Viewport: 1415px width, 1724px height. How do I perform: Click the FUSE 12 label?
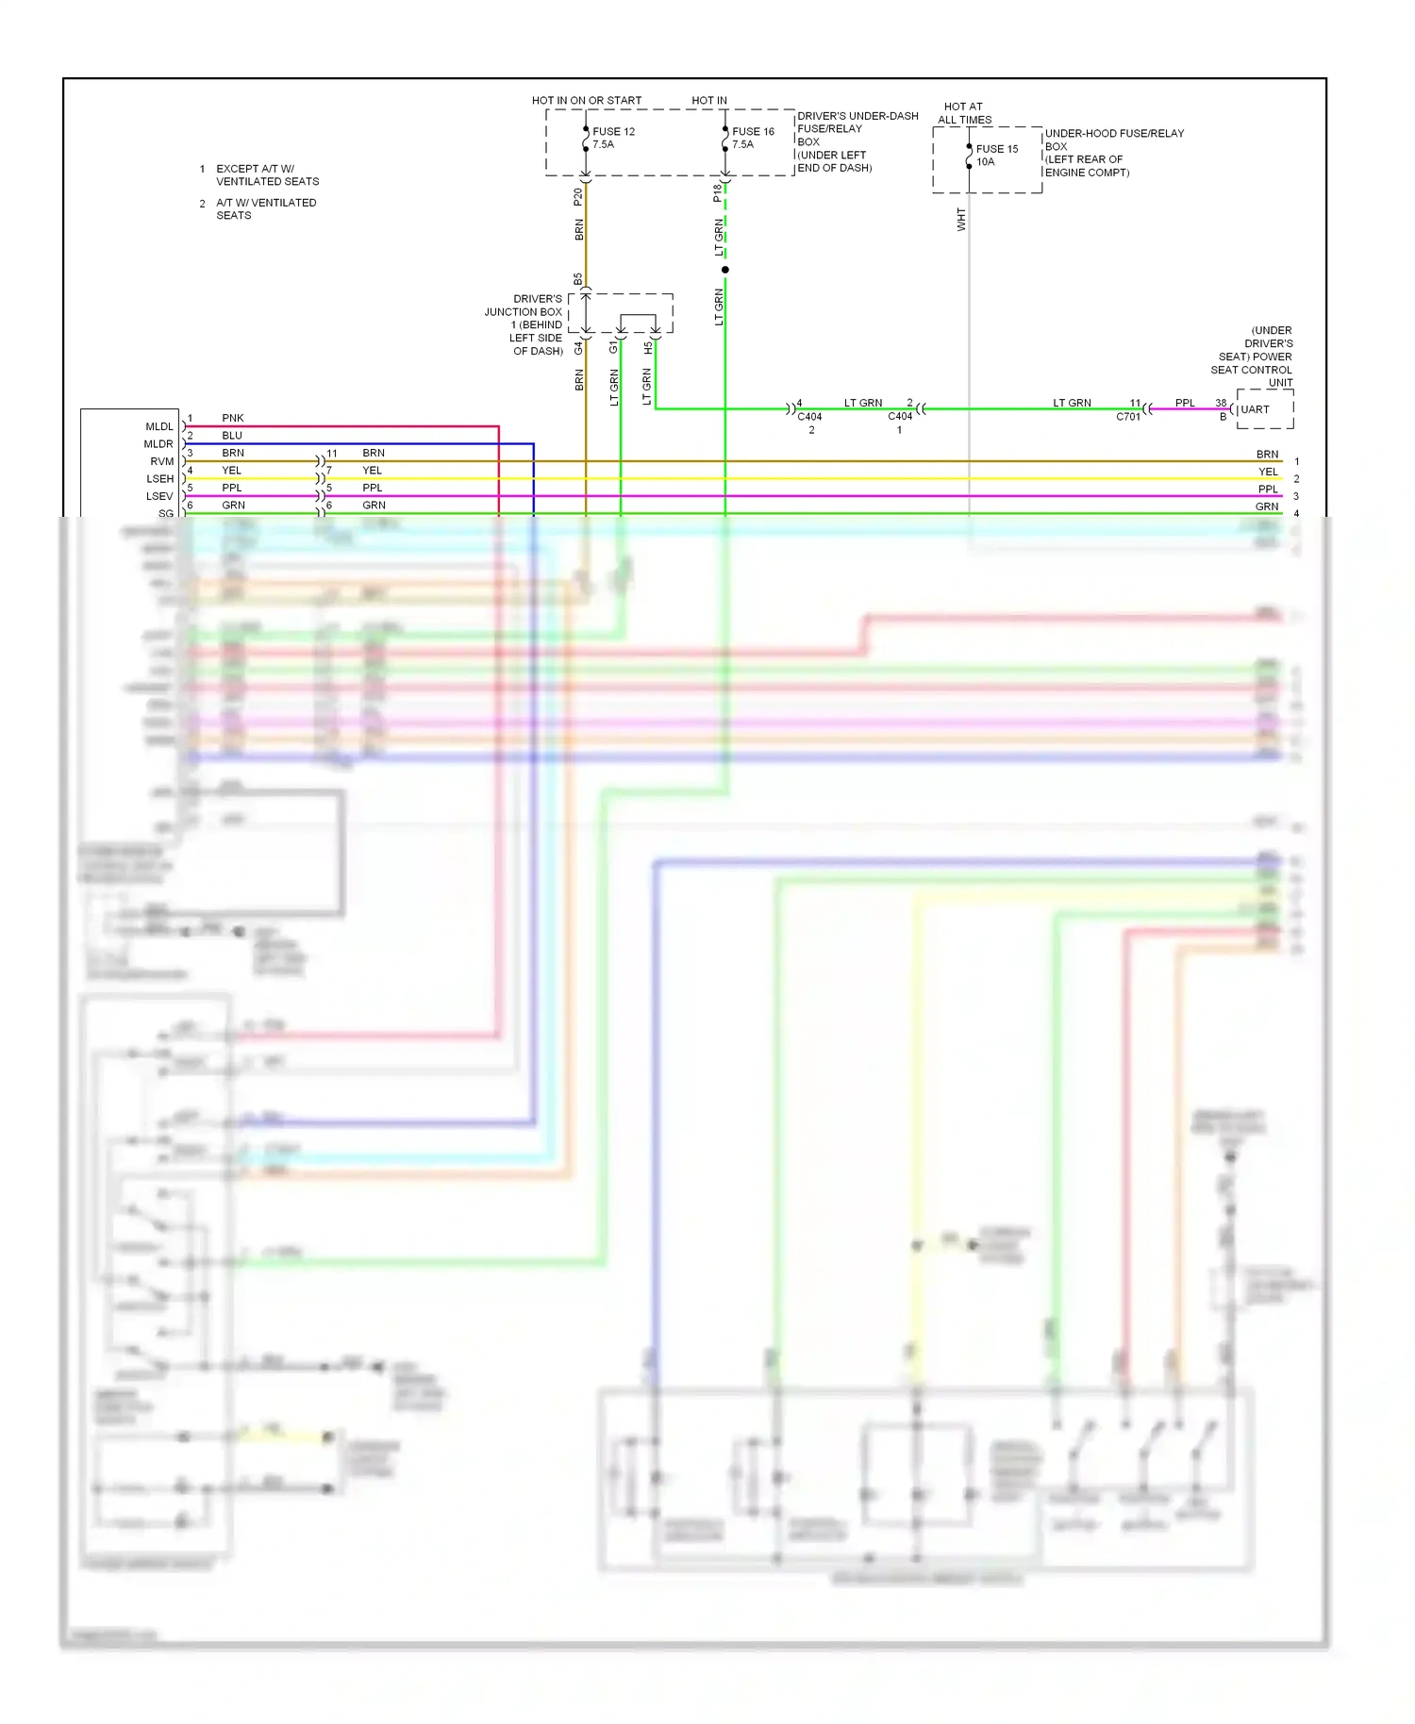point(613,131)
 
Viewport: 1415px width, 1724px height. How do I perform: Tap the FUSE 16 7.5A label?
point(753,138)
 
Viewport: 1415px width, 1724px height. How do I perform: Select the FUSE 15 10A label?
point(996,155)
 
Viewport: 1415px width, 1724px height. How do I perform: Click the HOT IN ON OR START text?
point(586,100)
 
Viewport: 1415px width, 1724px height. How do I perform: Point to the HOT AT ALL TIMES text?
point(964,113)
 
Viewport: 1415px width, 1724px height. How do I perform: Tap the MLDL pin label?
point(159,426)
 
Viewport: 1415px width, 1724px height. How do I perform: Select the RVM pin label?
point(162,461)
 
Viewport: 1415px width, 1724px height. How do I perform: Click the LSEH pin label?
point(159,479)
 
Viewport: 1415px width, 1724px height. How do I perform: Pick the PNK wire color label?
point(232,418)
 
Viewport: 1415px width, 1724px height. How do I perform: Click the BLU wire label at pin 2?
point(232,436)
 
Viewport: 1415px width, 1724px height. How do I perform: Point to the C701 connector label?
point(1128,416)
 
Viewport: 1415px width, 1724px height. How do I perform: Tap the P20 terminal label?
point(578,196)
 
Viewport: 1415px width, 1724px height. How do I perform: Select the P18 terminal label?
point(718,192)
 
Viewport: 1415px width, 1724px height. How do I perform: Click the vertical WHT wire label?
point(961,220)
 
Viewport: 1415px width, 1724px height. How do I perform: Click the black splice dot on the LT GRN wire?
point(724,270)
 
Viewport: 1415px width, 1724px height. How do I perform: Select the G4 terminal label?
point(578,348)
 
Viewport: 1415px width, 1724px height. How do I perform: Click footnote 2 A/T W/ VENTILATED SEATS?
point(265,208)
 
